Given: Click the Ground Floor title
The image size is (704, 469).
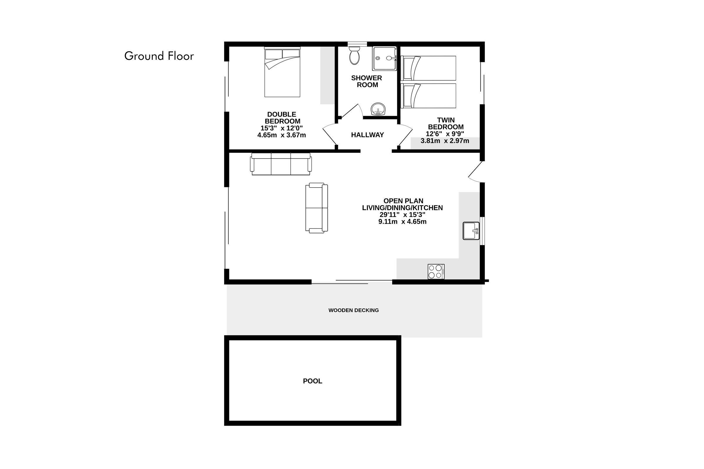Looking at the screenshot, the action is coord(159,56).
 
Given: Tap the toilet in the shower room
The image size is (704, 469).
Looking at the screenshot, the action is coord(354,55).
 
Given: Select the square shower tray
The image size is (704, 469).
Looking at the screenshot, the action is coord(384,58).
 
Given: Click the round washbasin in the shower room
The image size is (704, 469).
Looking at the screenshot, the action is coord(378,109).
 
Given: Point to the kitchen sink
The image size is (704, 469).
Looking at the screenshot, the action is coord(471,231).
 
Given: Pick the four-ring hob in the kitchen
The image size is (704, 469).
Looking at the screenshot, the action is coord(436,272).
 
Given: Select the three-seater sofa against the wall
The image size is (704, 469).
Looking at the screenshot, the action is coord(281,164).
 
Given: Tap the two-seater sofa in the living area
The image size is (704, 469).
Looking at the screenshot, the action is coord(317,208).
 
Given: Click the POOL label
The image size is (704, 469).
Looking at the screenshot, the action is coord(312,381).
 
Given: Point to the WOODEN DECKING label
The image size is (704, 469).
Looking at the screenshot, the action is coord(353,310).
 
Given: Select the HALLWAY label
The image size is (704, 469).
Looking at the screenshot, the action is coord(367,135).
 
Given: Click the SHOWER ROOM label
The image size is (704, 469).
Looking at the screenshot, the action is coord(367,81).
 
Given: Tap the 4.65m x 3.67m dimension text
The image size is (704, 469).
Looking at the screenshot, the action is coord(282,135).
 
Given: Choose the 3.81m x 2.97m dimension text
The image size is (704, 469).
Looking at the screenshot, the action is coord(445,141).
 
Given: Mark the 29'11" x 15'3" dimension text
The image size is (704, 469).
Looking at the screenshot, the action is coord(402,215).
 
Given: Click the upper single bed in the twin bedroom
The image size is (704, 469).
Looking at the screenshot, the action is coord(428,68).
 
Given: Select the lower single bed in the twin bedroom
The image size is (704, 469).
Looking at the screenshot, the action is coord(428,96).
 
